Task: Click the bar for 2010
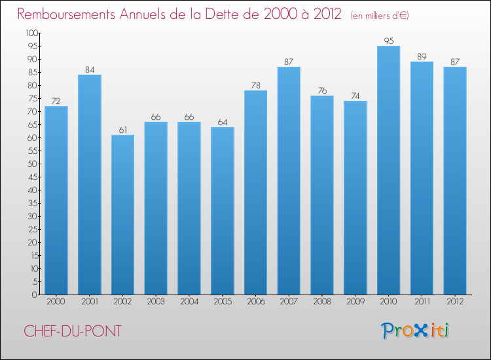point(388,170)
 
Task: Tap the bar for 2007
point(289,181)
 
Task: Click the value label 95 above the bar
point(388,41)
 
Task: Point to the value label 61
point(122,130)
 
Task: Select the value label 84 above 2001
point(89,69)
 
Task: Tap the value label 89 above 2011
point(422,56)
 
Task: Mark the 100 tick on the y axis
point(31,33)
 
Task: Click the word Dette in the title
point(240,14)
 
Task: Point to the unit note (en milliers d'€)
point(379,15)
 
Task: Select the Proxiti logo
point(415,331)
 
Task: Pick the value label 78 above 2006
point(255,85)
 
